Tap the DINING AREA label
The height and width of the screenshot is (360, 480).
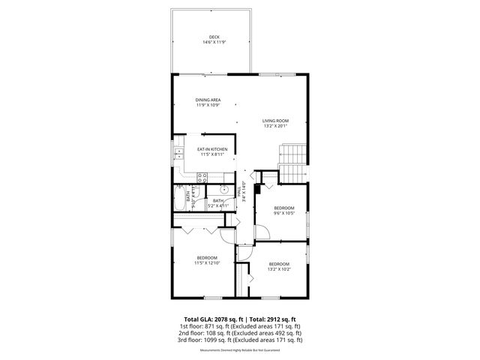(x=208, y=100)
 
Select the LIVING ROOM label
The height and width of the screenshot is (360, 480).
(x=275, y=121)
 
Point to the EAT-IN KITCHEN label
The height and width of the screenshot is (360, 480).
(x=212, y=149)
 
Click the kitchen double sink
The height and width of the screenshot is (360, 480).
(x=178, y=156)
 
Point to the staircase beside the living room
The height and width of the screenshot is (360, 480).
(x=292, y=157)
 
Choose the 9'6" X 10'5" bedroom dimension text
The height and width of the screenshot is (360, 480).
(x=284, y=213)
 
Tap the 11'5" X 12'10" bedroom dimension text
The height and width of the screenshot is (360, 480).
(x=206, y=263)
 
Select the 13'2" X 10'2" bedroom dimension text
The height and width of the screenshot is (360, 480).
(x=279, y=268)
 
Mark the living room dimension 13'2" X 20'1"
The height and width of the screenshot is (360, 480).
(x=275, y=126)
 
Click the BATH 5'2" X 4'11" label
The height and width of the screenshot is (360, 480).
(x=218, y=202)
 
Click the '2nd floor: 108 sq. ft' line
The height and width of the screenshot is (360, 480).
(x=240, y=333)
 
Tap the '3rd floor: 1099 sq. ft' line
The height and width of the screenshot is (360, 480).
(x=240, y=340)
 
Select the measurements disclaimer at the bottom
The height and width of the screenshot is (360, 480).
(x=240, y=350)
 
